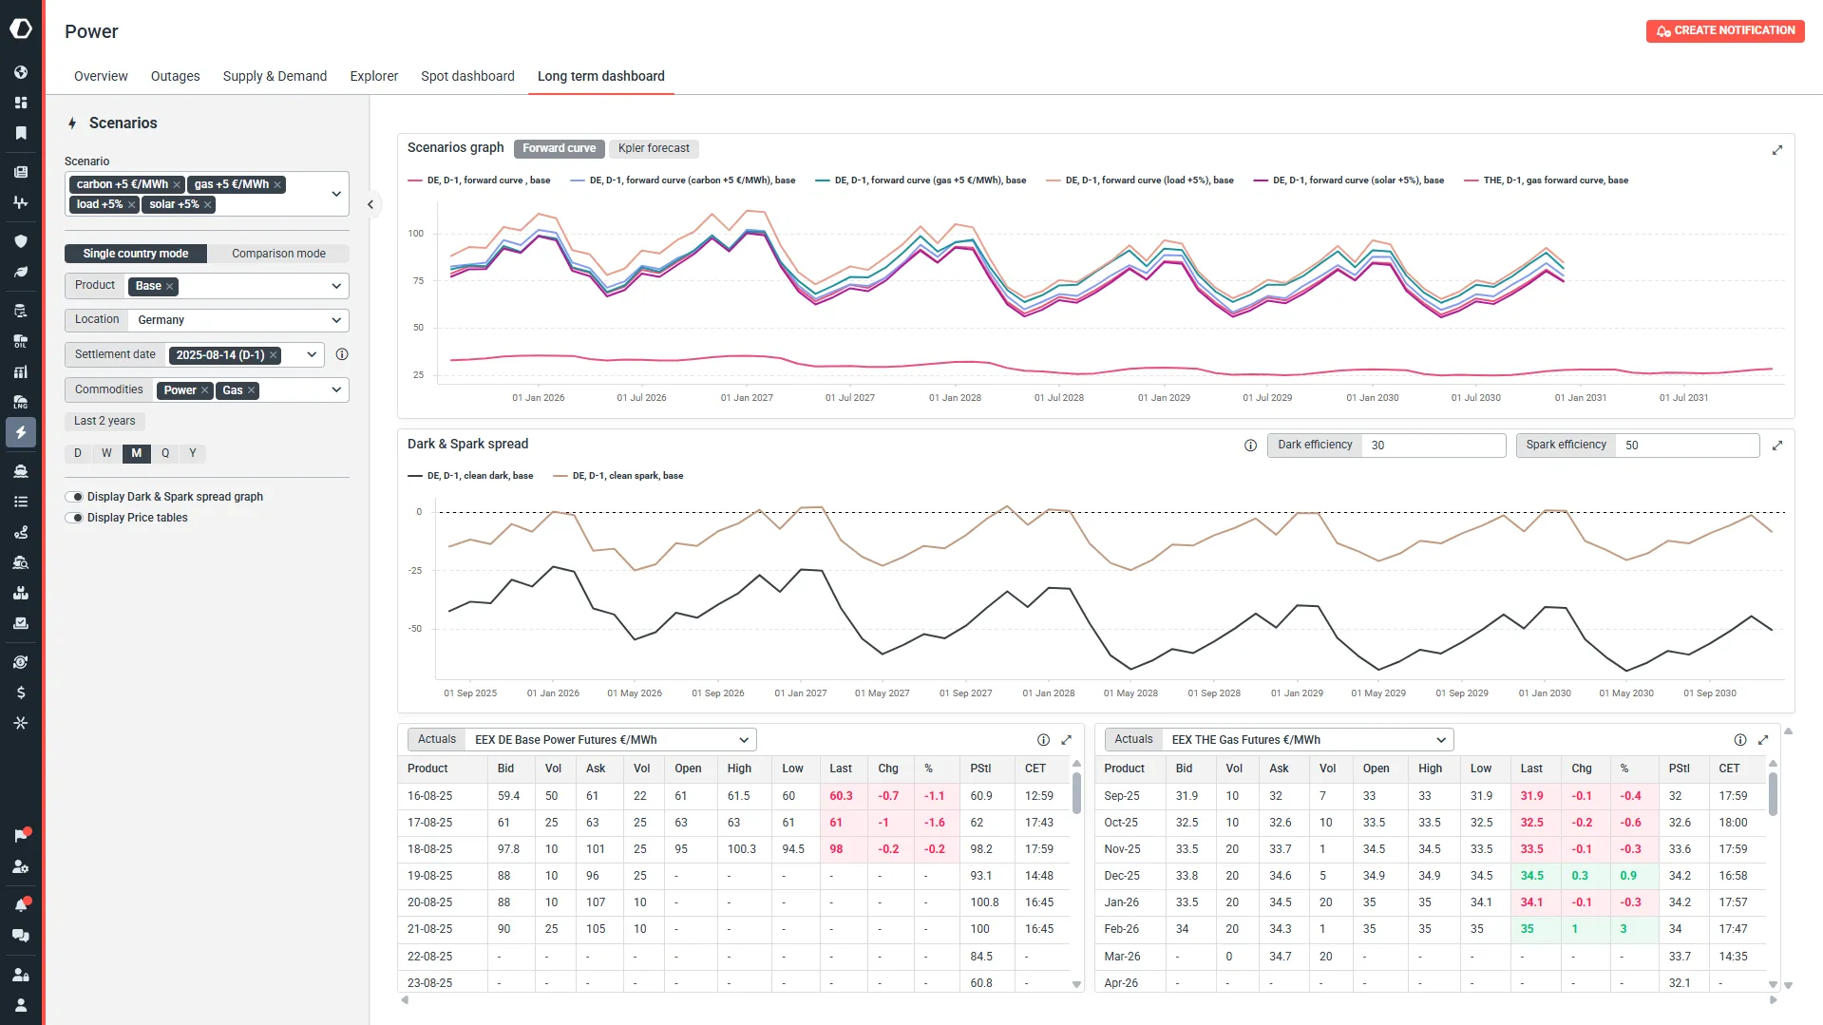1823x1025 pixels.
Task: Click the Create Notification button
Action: [1724, 30]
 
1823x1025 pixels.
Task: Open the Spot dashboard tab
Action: [467, 76]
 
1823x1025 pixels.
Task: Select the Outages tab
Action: [176, 76]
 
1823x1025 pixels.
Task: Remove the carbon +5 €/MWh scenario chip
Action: [177, 184]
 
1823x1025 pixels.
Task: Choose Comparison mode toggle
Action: [278, 254]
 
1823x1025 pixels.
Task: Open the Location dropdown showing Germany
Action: [237, 320]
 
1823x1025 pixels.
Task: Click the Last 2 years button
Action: [104, 421]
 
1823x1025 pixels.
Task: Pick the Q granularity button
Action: [165, 453]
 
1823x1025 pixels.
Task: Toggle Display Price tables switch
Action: [74, 518]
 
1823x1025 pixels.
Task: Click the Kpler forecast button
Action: [654, 148]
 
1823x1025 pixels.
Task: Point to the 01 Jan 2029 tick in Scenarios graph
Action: [1164, 398]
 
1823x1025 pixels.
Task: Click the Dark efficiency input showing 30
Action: [1434, 446]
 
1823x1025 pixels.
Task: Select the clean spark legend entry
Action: [617, 476]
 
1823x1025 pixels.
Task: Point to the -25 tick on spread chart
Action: [415, 571]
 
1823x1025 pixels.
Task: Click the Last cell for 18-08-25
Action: [836, 849]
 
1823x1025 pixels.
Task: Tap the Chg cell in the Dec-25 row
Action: [1580, 876]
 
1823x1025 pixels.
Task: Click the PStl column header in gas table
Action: [1680, 769]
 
